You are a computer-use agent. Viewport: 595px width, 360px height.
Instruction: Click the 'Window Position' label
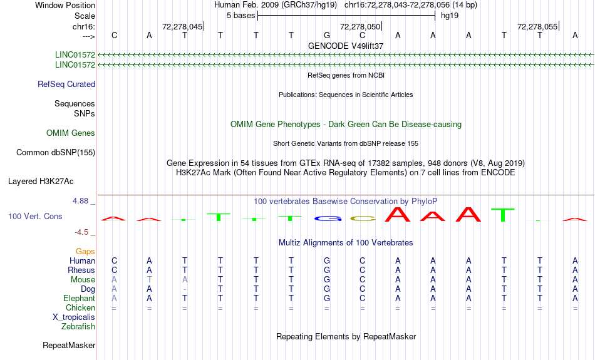65,5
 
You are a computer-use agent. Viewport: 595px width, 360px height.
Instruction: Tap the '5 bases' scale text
241,16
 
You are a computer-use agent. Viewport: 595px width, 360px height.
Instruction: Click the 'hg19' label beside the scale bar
450,16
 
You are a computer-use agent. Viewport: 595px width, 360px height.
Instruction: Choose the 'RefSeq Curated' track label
66,85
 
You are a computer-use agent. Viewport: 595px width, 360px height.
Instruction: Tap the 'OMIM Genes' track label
71,133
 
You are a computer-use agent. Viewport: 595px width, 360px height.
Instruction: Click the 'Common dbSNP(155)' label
56,153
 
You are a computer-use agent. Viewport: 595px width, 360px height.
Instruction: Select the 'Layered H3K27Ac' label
41,182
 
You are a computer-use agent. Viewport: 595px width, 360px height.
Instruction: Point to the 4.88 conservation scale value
80,201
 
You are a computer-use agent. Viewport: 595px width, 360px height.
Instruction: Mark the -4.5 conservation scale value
81,232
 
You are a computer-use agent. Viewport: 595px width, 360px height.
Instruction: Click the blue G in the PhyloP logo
328,219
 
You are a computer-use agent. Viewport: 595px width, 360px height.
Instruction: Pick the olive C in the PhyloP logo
363,219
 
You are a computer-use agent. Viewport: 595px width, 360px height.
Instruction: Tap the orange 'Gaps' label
85,252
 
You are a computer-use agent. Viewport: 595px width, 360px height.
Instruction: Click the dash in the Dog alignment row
184,289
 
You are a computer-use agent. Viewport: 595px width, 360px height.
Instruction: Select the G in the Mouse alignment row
327,280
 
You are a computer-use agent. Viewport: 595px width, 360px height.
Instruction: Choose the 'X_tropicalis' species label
74,317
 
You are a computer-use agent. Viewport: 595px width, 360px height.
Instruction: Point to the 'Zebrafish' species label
78,327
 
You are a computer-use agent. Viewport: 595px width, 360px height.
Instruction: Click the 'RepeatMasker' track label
69,345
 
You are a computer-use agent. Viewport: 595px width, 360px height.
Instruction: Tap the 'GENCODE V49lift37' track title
346,46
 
